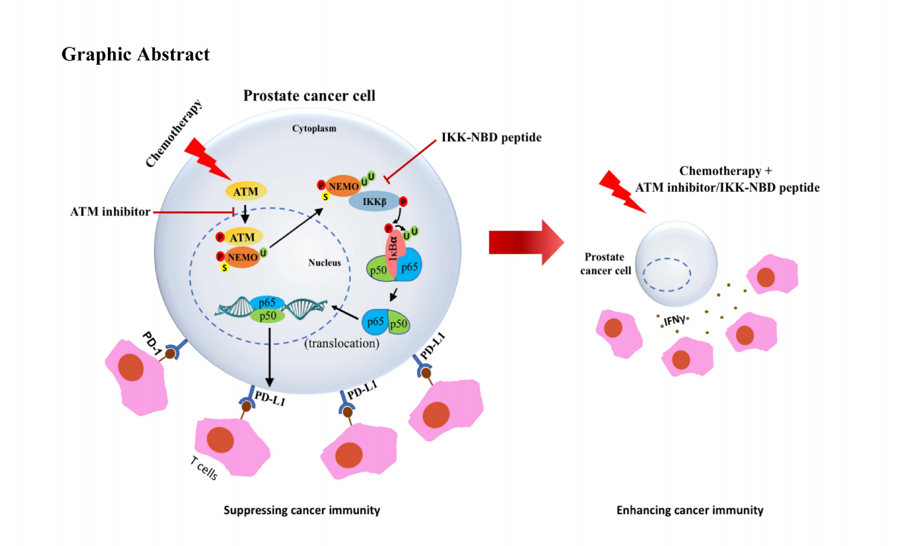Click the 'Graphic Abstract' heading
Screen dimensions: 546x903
[x=136, y=54]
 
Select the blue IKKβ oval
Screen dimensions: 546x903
[x=374, y=202]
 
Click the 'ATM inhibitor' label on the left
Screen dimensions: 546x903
[x=110, y=212]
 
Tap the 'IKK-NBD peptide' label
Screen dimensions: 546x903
[x=491, y=138]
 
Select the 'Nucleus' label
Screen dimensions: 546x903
[x=324, y=263]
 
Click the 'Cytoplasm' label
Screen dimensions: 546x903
[x=314, y=129]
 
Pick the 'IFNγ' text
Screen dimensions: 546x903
[x=674, y=320]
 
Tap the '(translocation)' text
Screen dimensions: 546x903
[x=342, y=344]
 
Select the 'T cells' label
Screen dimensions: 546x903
[x=204, y=467]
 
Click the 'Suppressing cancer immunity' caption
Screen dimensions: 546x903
[x=301, y=510]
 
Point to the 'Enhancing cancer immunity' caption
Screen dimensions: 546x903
[x=689, y=510]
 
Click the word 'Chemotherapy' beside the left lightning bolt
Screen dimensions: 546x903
[x=174, y=133]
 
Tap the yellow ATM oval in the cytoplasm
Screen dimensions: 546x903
[x=246, y=191]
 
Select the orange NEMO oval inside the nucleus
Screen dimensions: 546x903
[x=242, y=258]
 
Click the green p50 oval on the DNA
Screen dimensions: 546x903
[x=267, y=316]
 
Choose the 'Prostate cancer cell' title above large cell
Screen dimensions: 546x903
[x=309, y=96]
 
